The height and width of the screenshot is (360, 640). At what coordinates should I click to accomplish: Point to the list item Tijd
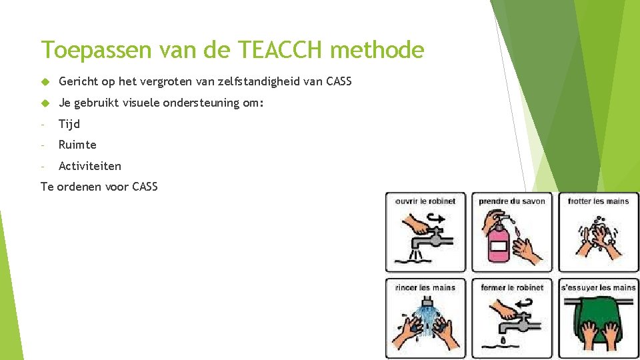pos(69,124)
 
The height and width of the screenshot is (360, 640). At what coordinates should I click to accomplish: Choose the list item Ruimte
pos(77,145)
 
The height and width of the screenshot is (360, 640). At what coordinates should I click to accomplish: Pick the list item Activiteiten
pos(90,166)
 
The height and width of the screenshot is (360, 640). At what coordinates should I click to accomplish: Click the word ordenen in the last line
pos(78,187)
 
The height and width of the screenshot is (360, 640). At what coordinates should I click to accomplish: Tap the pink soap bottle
pos(498,242)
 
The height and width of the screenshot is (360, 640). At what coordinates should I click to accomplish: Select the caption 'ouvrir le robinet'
pos(425,201)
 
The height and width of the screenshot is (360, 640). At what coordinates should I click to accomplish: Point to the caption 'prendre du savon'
pos(512,201)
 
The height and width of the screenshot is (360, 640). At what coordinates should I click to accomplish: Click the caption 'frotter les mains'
pos(598,201)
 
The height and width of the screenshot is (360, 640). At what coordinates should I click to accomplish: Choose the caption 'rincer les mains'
pos(425,287)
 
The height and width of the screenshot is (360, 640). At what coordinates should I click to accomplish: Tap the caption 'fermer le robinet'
pos(512,287)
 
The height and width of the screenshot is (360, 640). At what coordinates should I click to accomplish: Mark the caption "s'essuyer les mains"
pos(598,287)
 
